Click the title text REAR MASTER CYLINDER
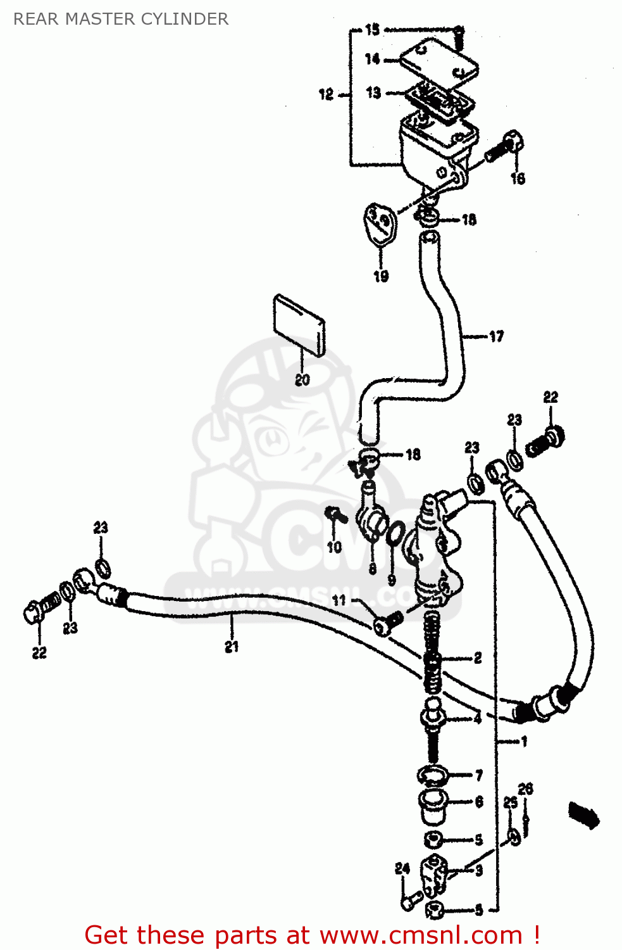[121, 19]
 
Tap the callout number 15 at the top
[372, 29]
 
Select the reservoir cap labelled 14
[439, 60]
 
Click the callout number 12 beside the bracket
[326, 94]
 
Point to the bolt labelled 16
[504, 148]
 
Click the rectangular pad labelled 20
[299, 324]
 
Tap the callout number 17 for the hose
[496, 336]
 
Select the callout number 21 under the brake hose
[232, 647]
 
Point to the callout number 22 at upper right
[550, 397]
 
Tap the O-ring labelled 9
[394, 533]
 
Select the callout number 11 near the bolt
[339, 600]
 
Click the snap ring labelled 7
[433, 775]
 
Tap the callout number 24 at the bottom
[402, 868]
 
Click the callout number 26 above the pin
[525, 788]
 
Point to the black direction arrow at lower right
[583, 814]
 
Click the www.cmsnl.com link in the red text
[421, 935]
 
